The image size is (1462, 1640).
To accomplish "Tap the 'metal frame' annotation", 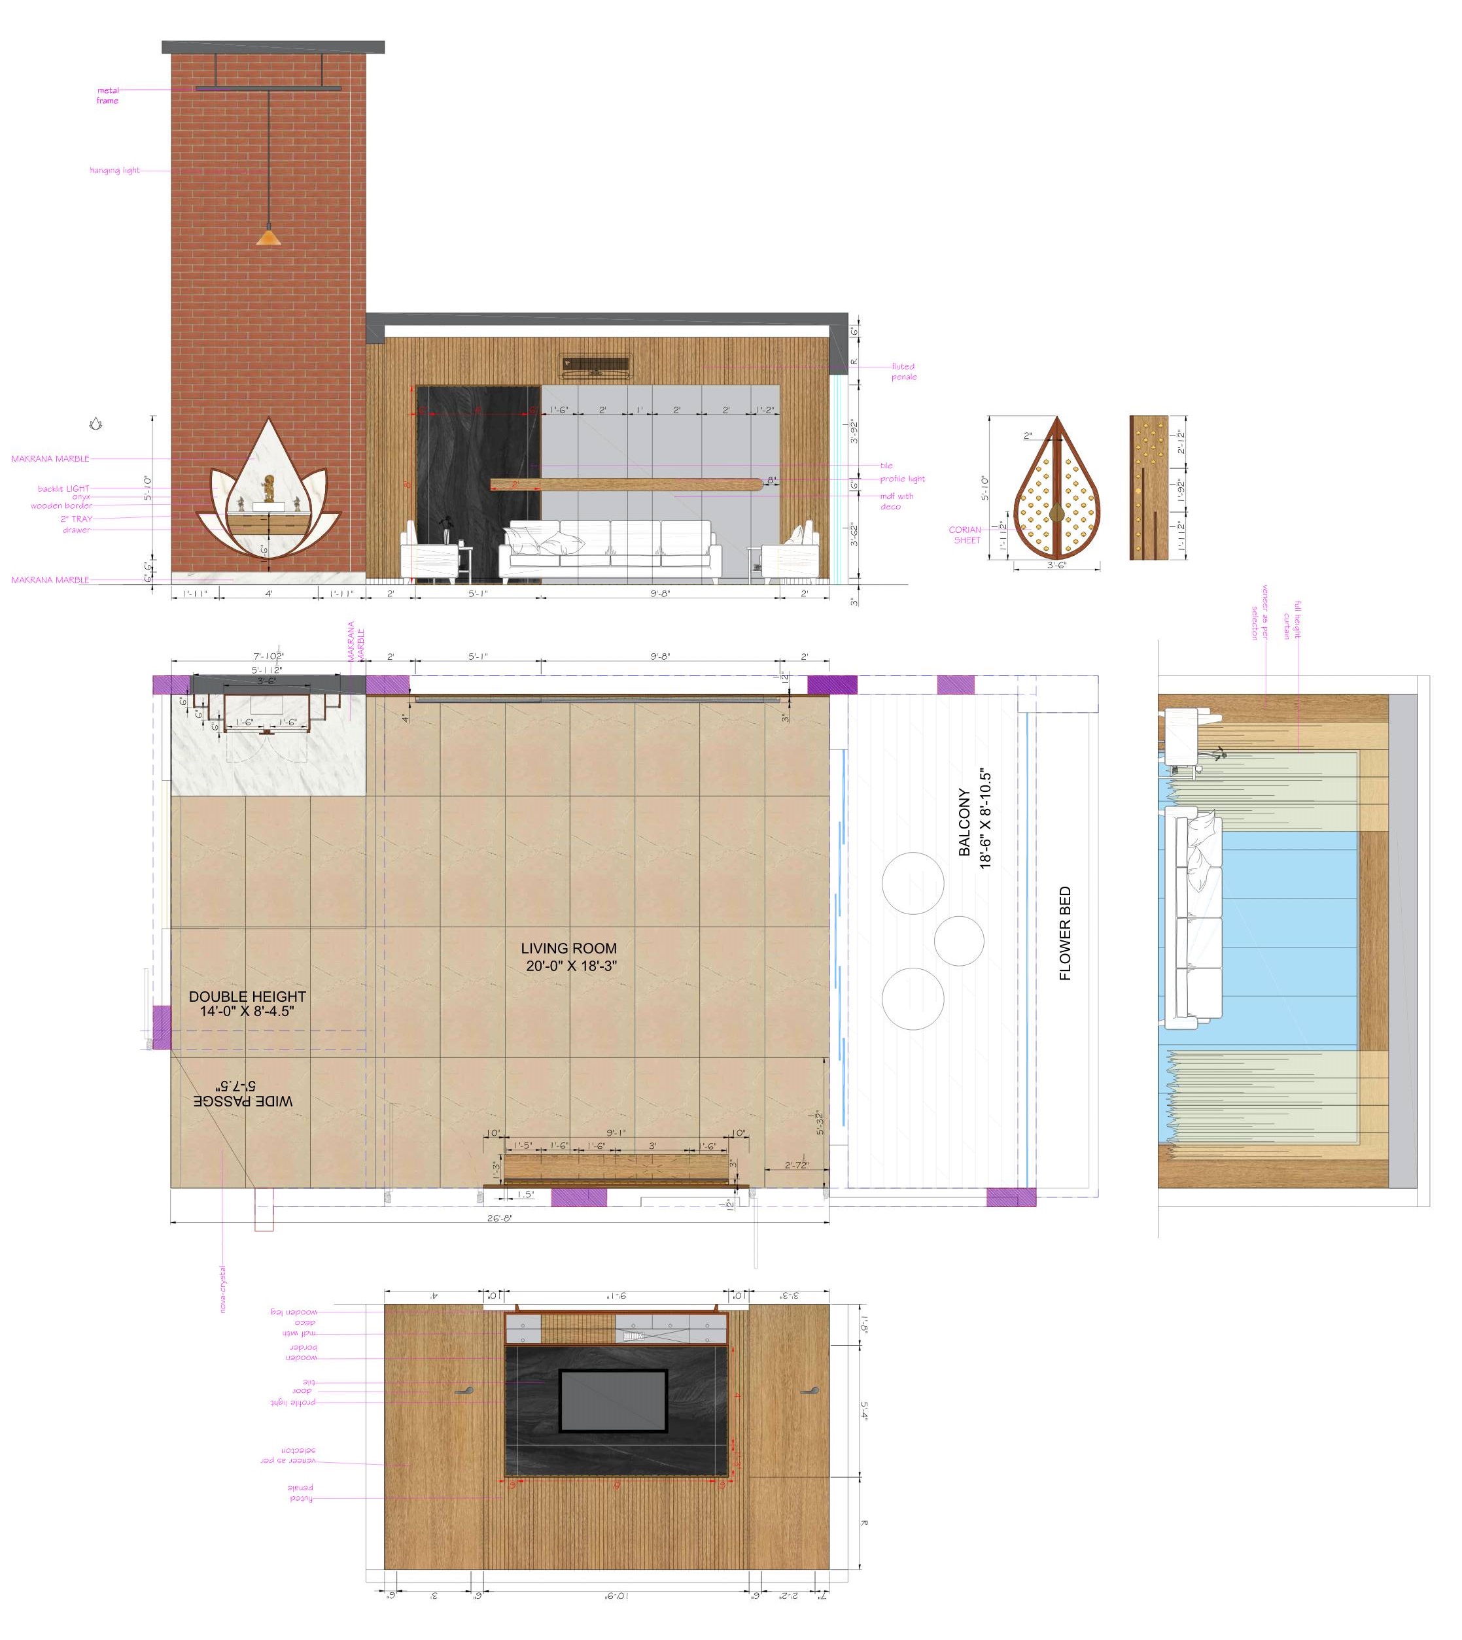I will point(108,95).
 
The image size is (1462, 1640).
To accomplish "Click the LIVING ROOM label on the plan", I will point(570,957).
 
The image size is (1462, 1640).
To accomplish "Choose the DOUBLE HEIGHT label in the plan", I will point(247,1003).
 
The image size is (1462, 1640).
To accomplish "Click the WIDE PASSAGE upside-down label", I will point(243,1093).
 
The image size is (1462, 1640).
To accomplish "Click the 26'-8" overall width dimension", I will point(500,1218).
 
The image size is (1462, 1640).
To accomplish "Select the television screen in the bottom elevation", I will point(614,1401).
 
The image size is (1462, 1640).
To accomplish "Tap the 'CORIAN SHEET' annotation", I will point(966,535).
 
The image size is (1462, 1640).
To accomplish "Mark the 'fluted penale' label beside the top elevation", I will point(904,371).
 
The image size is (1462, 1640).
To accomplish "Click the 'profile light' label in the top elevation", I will point(903,479).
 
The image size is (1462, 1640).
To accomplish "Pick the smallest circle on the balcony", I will point(959,940).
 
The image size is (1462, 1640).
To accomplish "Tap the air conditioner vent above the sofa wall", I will point(595,366).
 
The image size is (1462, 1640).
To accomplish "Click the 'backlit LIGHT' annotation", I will point(63,488).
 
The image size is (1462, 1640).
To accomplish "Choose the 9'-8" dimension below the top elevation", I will point(659,594).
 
